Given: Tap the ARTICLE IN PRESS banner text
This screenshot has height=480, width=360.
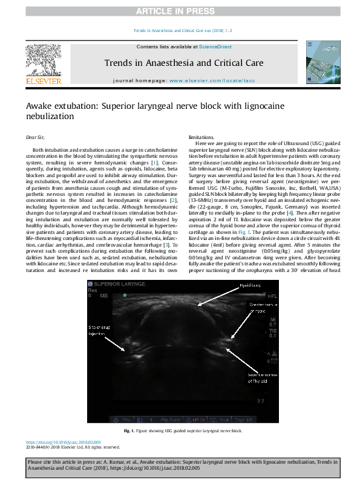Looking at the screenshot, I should [x=180, y=11].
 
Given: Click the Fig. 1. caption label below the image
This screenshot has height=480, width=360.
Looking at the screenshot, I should [x=128, y=430].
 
